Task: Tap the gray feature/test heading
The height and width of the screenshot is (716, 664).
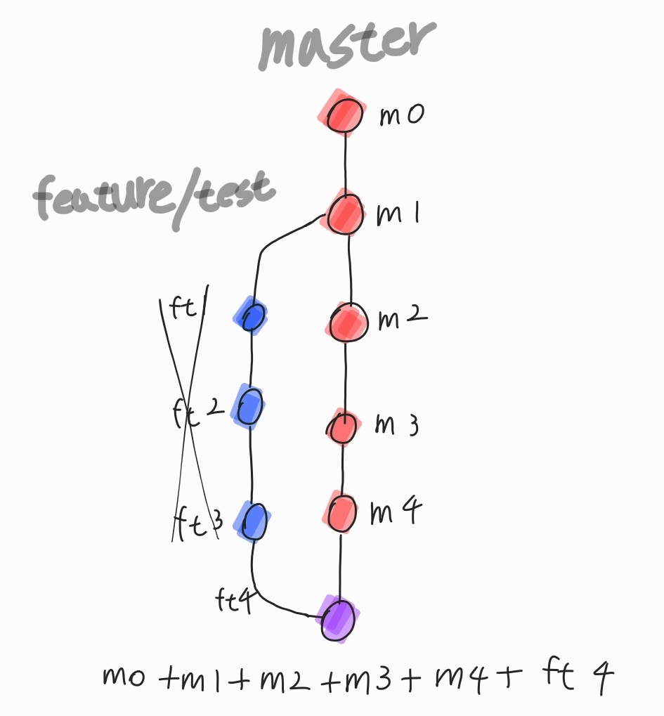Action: [x=154, y=196]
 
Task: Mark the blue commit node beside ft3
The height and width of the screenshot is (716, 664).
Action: [x=254, y=521]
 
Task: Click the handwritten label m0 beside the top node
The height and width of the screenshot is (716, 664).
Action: [x=401, y=115]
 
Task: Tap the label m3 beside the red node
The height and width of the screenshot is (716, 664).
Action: [x=396, y=426]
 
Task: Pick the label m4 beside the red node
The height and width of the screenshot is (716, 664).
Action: [x=395, y=512]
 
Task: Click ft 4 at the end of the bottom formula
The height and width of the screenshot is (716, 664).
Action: [x=578, y=676]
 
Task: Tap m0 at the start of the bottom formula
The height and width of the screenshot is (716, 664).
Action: [x=124, y=677]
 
